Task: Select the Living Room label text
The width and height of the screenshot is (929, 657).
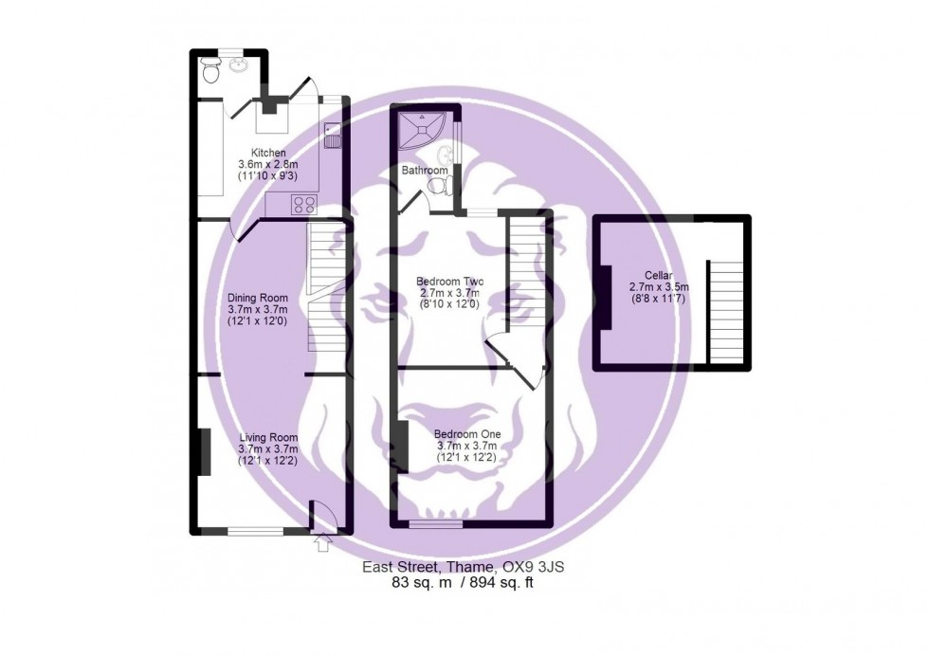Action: tap(264, 437)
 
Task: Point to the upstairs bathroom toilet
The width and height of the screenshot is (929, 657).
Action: tap(438, 188)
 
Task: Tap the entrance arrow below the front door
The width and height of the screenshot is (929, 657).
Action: tap(321, 543)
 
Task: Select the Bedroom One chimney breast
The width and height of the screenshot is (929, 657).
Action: tap(402, 447)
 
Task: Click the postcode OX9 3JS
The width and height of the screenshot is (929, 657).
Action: tap(541, 568)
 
